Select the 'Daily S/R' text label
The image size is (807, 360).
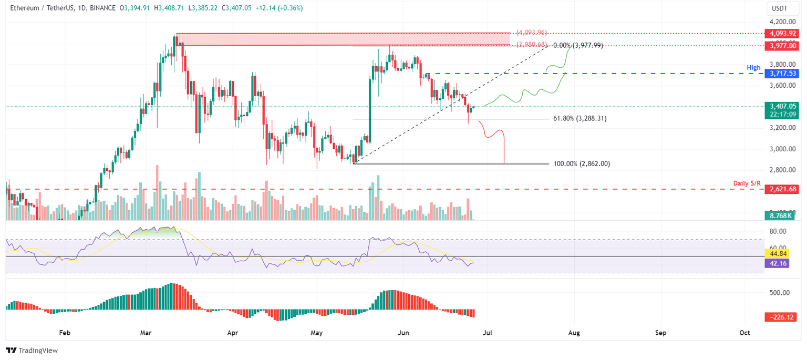pos(746,183)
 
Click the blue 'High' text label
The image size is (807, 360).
pos(754,68)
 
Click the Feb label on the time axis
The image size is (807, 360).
pos(64,333)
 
